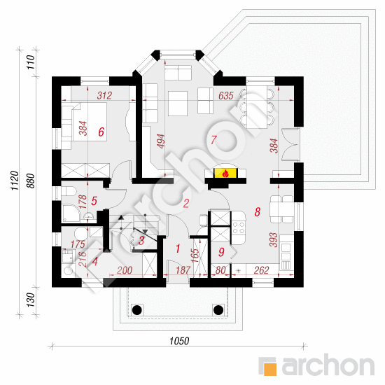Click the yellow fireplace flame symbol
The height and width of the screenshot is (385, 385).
(x=225, y=173)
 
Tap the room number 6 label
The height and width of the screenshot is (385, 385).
(x=101, y=132)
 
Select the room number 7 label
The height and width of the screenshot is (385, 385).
(x=213, y=140)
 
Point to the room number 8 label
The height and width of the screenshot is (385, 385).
(x=258, y=211)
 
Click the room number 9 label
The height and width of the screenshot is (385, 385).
(x=221, y=252)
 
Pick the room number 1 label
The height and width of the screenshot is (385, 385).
(x=178, y=248)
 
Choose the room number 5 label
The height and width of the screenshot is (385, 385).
(x=94, y=201)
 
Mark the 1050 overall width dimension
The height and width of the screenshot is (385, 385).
(x=179, y=341)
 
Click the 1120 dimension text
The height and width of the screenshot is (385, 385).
(x=15, y=181)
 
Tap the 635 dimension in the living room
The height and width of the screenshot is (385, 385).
(x=226, y=95)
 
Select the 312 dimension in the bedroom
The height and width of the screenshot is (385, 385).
(x=104, y=95)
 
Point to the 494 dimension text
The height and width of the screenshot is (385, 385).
(x=161, y=141)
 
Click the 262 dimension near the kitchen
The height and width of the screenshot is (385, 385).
(x=262, y=270)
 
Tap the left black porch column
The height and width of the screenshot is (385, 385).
(x=137, y=310)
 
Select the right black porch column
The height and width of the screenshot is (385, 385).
(x=218, y=310)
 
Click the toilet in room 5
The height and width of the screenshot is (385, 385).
(x=69, y=191)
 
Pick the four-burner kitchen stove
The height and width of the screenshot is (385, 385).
(x=239, y=227)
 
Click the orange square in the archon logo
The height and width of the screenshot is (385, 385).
(x=270, y=369)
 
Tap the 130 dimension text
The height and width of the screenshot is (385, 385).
(x=31, y=300)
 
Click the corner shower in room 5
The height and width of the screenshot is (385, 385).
(x=71, y=213)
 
